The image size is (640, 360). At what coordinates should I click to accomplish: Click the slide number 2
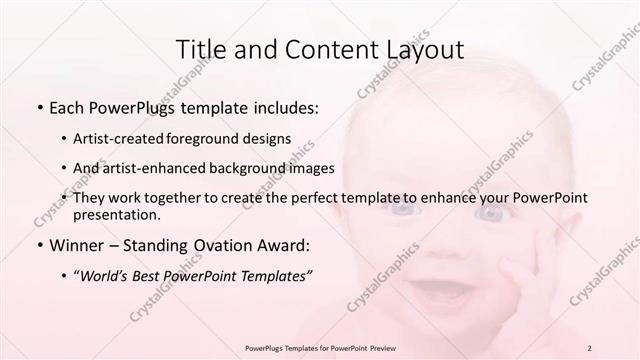point(591,348)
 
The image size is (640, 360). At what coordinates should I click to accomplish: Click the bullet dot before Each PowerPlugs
point(39,107)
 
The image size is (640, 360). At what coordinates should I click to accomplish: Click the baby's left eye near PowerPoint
point(403,208)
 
